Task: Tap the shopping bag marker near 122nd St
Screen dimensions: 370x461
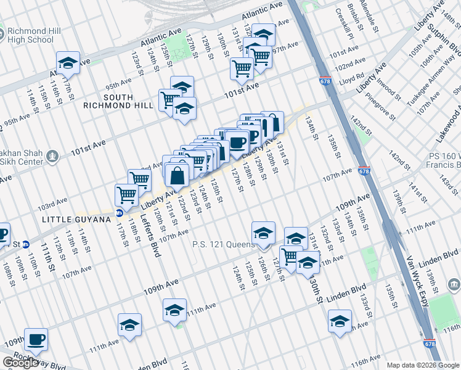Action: pyautogui.click(x=177, y=175)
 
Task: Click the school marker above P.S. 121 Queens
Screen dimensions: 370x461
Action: pyautogui.click(x=263, y=232)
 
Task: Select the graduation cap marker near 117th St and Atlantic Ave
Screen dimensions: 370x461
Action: pyautogui.click(x=68, y=62)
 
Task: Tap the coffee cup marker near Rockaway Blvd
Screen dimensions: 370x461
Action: pyautogui.click(x=36, y=339)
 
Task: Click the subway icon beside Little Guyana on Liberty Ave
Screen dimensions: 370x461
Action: pyautogui.click(x=119, y=213)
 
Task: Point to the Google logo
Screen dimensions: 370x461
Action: pyautogui.click(x=20, y=363)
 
